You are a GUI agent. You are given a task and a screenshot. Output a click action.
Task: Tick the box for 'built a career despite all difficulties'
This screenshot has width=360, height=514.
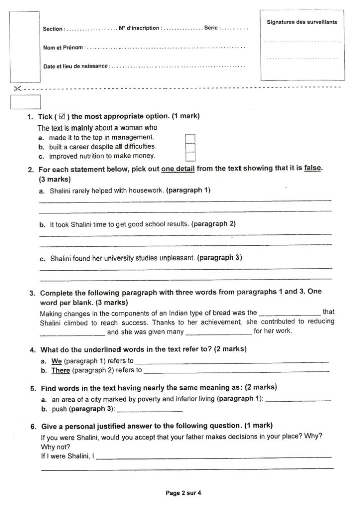tap(190, 147)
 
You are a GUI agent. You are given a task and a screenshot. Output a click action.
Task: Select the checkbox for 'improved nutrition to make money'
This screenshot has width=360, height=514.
tap(190, 156)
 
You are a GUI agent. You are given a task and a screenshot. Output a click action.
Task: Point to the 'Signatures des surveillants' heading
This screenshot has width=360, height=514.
tap(302, 22)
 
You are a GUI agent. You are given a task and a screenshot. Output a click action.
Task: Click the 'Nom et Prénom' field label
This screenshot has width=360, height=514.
tap(63, 47)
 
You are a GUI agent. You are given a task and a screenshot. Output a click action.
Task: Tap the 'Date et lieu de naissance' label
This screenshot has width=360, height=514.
tap(75, 66)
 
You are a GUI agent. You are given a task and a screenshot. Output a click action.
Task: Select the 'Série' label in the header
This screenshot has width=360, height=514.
tap(211, 27)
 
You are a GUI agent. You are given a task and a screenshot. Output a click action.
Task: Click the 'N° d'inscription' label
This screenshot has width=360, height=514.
tap(140, 28)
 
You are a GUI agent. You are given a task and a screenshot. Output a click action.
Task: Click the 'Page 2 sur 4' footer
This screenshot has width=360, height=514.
tap(183, 493)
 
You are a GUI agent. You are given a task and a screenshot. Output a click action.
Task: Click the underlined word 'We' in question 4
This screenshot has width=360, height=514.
tap(56, 361)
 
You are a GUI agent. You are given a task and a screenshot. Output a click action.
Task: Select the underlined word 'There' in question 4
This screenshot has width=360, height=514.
tap(61, 370)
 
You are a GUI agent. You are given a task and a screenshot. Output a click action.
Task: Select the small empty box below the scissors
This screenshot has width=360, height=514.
tap(25, 102)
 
